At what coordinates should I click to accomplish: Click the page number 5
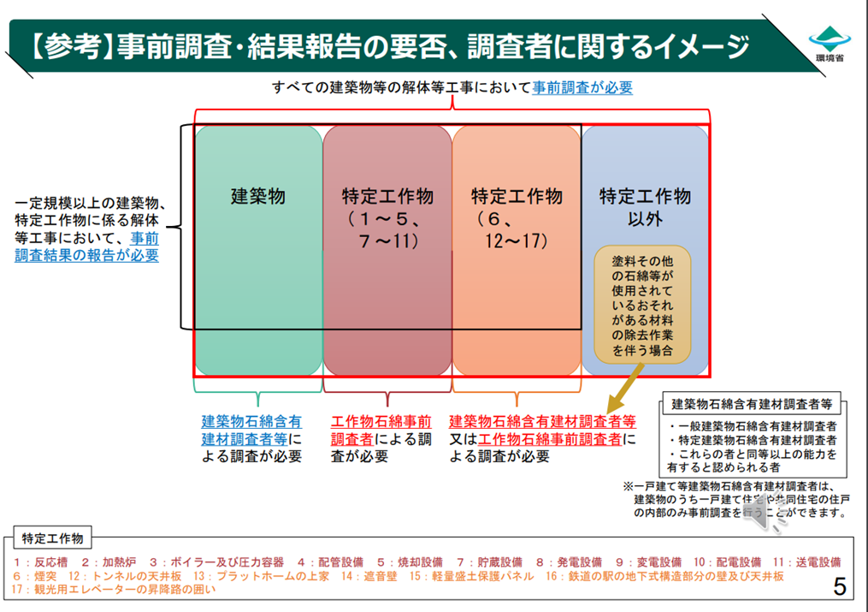[840, 586]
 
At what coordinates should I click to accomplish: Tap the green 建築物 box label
[258, 196]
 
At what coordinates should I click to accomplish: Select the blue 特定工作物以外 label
[645, 206]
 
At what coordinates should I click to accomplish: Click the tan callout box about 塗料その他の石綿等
[641, 303]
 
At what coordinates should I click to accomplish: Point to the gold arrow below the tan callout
[623, 391]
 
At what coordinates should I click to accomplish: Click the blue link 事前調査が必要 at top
[582, 87]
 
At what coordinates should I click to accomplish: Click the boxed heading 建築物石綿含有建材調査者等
[753, 404]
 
